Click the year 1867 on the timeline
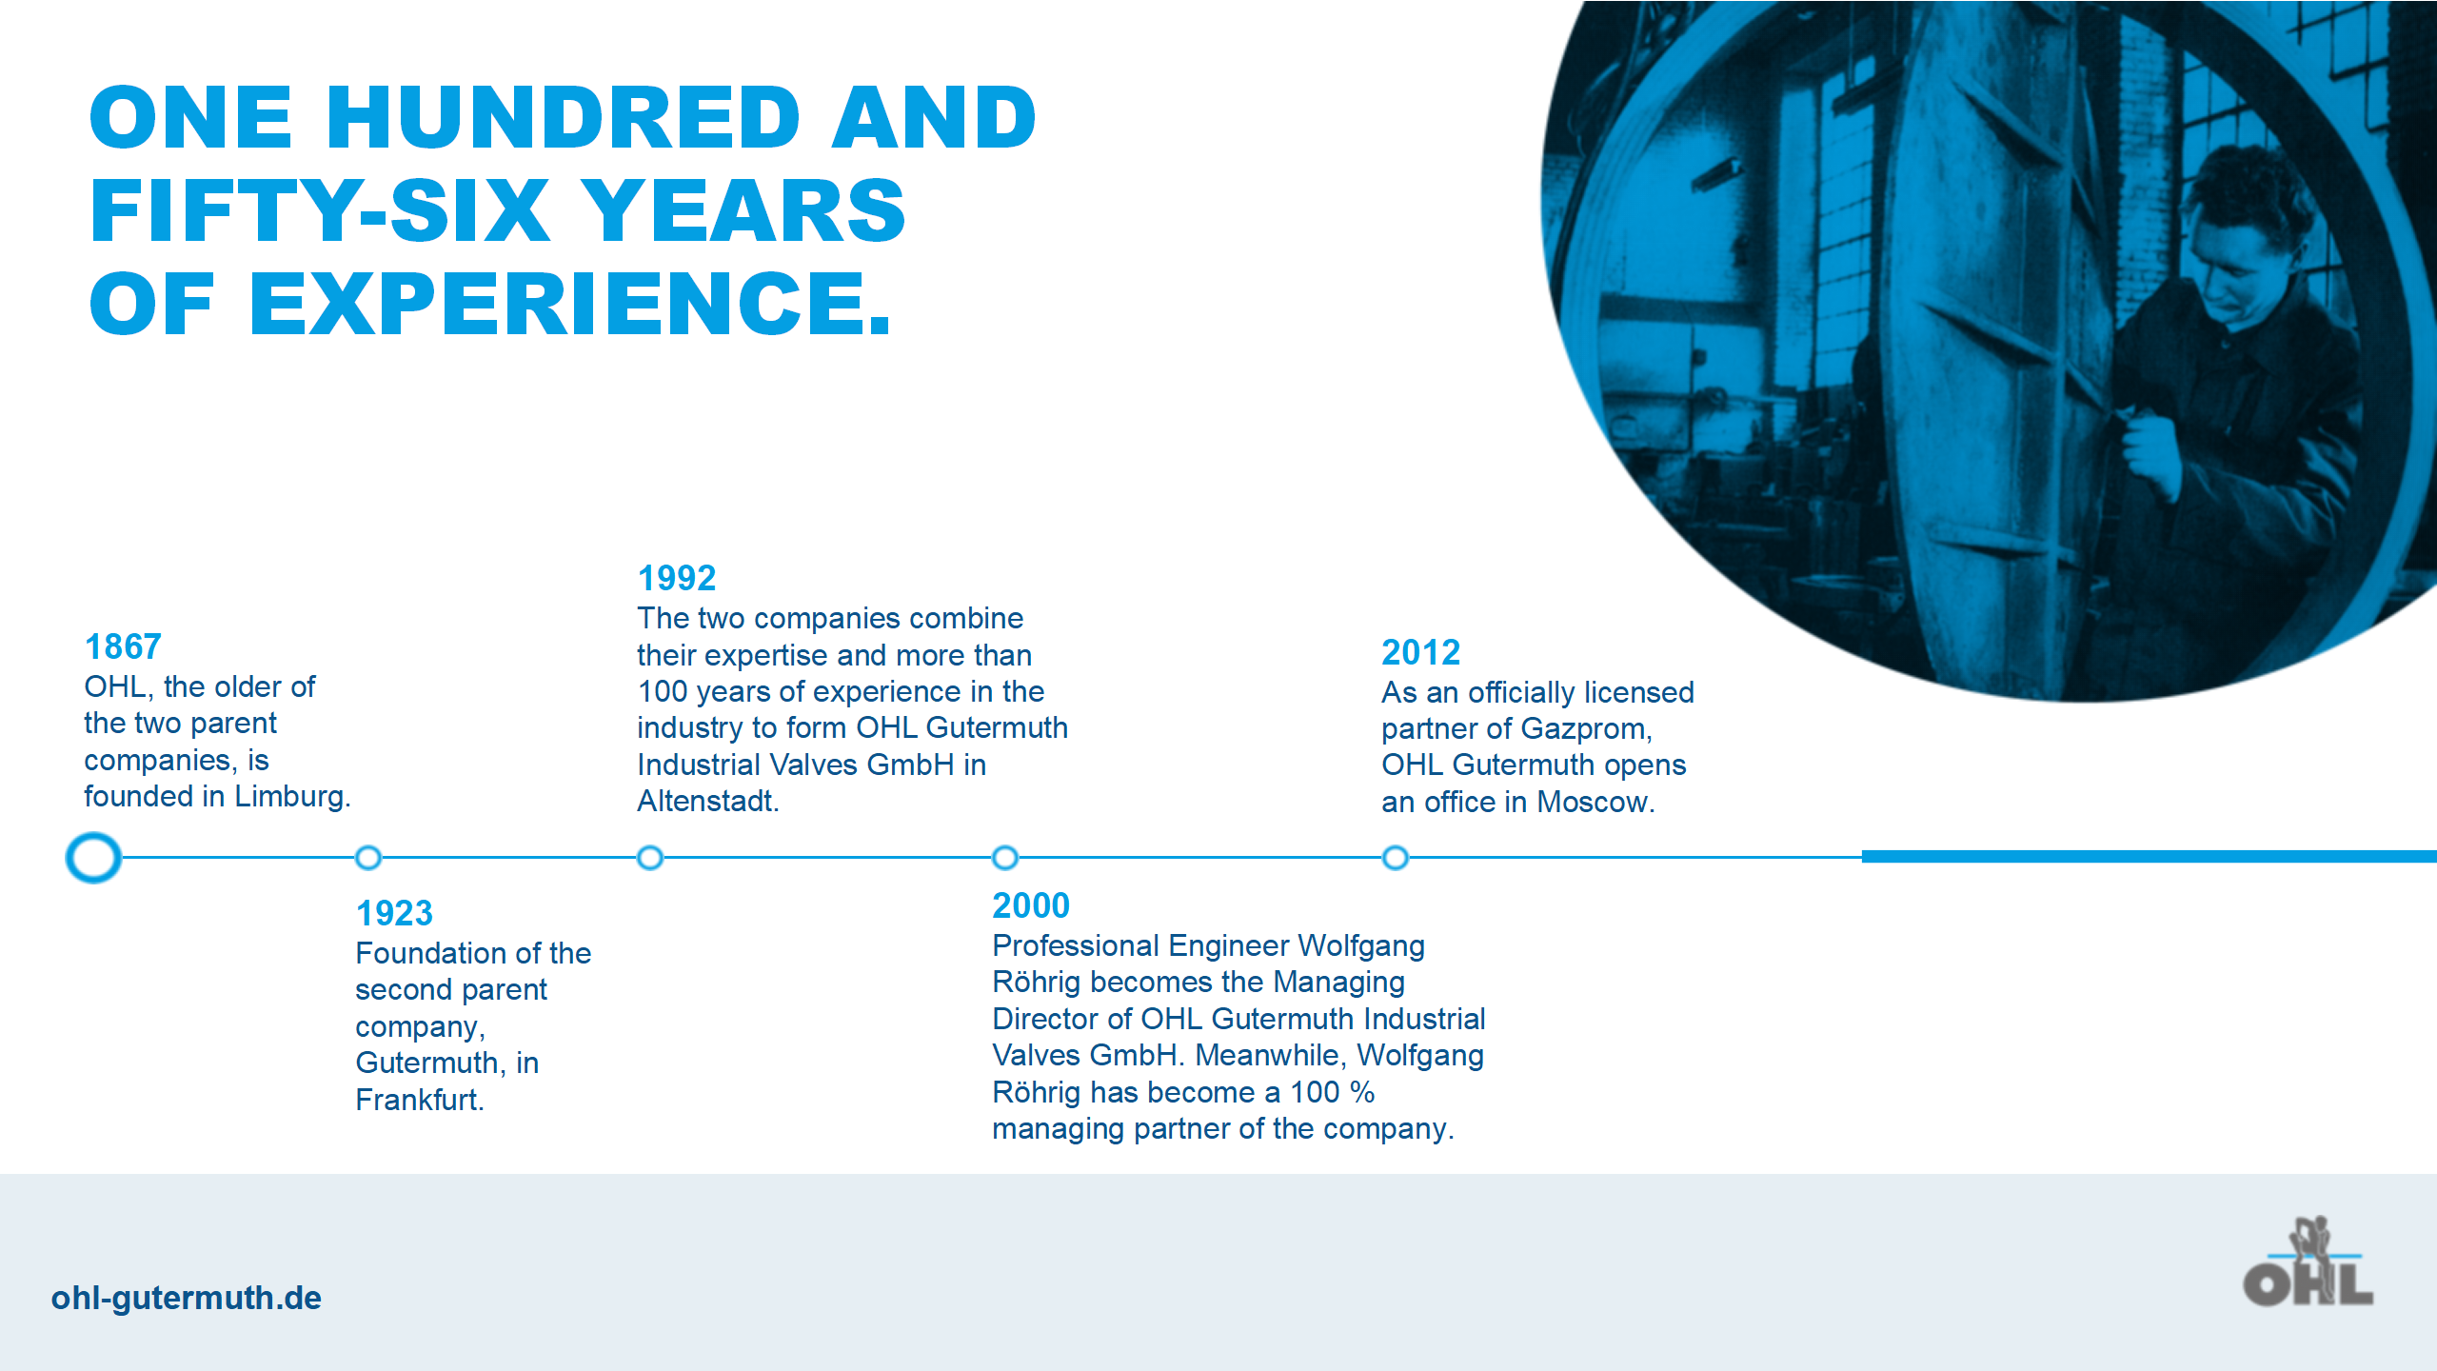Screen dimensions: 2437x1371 (123, 647)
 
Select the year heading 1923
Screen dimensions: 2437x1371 (394, 914)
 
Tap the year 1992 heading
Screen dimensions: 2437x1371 (677, 579)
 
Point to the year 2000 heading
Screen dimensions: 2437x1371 (1031, 906)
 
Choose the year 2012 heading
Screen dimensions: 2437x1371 (1420, 653)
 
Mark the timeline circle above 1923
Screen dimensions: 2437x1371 (368, 858)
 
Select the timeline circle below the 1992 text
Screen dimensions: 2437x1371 (650, 858)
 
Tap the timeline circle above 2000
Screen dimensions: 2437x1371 (1005, 858)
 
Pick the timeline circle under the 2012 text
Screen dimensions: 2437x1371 (1396, 858)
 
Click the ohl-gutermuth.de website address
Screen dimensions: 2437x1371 (187, 1299)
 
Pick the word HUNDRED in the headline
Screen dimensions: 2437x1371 (564, 117)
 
